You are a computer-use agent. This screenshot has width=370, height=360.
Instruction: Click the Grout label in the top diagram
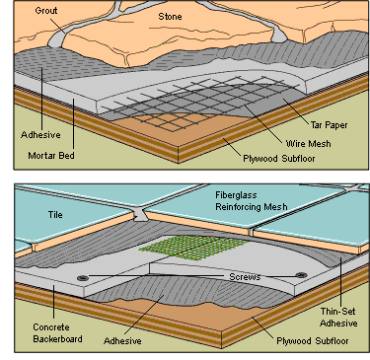click(x=46, y=11)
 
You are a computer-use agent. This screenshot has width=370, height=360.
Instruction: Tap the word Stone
click(x=170, y=17)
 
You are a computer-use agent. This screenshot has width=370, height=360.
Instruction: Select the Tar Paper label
click(x=329, y=125)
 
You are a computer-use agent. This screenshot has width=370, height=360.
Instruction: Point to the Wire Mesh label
click(x=308, y=144)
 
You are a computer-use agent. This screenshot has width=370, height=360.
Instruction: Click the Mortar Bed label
click(x=51, y=155)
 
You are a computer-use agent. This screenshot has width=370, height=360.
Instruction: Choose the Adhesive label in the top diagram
click(x=40, y=135)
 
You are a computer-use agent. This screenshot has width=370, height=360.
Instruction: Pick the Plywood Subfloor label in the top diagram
click(x=279, y=159)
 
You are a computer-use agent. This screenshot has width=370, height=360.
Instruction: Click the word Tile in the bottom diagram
click(x=55, y=215)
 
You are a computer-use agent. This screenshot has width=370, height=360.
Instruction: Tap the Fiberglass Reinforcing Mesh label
click(x=252, y=201)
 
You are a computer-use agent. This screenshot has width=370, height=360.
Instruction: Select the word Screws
click(x=245, y=277)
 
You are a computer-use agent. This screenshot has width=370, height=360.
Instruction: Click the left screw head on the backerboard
click(x=83, y=278)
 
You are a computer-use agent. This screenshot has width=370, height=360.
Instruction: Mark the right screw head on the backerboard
click(x=301, y=275)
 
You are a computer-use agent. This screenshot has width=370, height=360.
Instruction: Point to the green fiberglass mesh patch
click(x=194, y=249)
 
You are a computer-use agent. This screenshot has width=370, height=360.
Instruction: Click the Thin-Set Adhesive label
click(x=338, y=318)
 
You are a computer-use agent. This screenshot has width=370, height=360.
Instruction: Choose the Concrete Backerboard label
click(x=57, y=333)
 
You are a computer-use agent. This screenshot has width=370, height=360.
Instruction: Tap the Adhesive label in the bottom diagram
click(x=122, y=340)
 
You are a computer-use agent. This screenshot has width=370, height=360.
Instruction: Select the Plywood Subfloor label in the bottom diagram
click(x=313, y=341)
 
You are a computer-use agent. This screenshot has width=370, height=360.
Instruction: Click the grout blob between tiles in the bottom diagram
click(x=140, y=215)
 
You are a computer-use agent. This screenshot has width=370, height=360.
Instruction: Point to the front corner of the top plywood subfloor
click(x=179, y=147)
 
